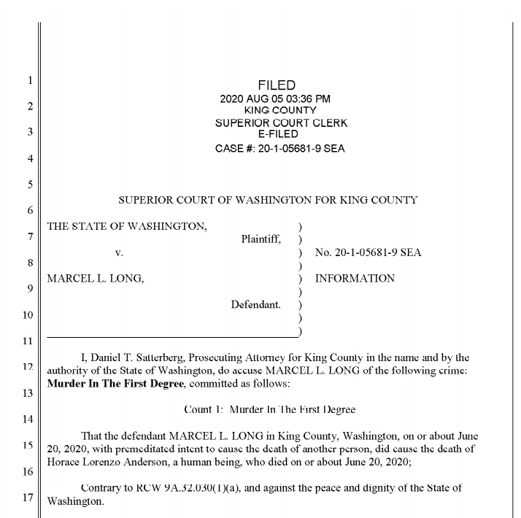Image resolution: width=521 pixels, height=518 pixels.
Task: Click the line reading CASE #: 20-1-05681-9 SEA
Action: click(281, 149)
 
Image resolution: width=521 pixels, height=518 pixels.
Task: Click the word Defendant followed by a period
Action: click(256, 304)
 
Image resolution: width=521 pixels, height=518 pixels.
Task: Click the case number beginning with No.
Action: click(368, 253)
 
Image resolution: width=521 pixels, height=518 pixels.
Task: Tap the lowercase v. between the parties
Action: click(119, 253)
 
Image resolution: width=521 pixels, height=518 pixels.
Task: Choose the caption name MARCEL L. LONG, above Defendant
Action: click(95, 279)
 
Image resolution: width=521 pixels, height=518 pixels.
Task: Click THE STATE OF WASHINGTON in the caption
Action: click(126, 226)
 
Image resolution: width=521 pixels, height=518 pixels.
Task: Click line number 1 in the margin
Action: click(29, 80)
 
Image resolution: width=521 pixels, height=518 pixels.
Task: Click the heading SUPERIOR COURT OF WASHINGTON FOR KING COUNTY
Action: click(268, 200)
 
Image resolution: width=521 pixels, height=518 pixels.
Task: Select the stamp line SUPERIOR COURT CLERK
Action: click(281, 123)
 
